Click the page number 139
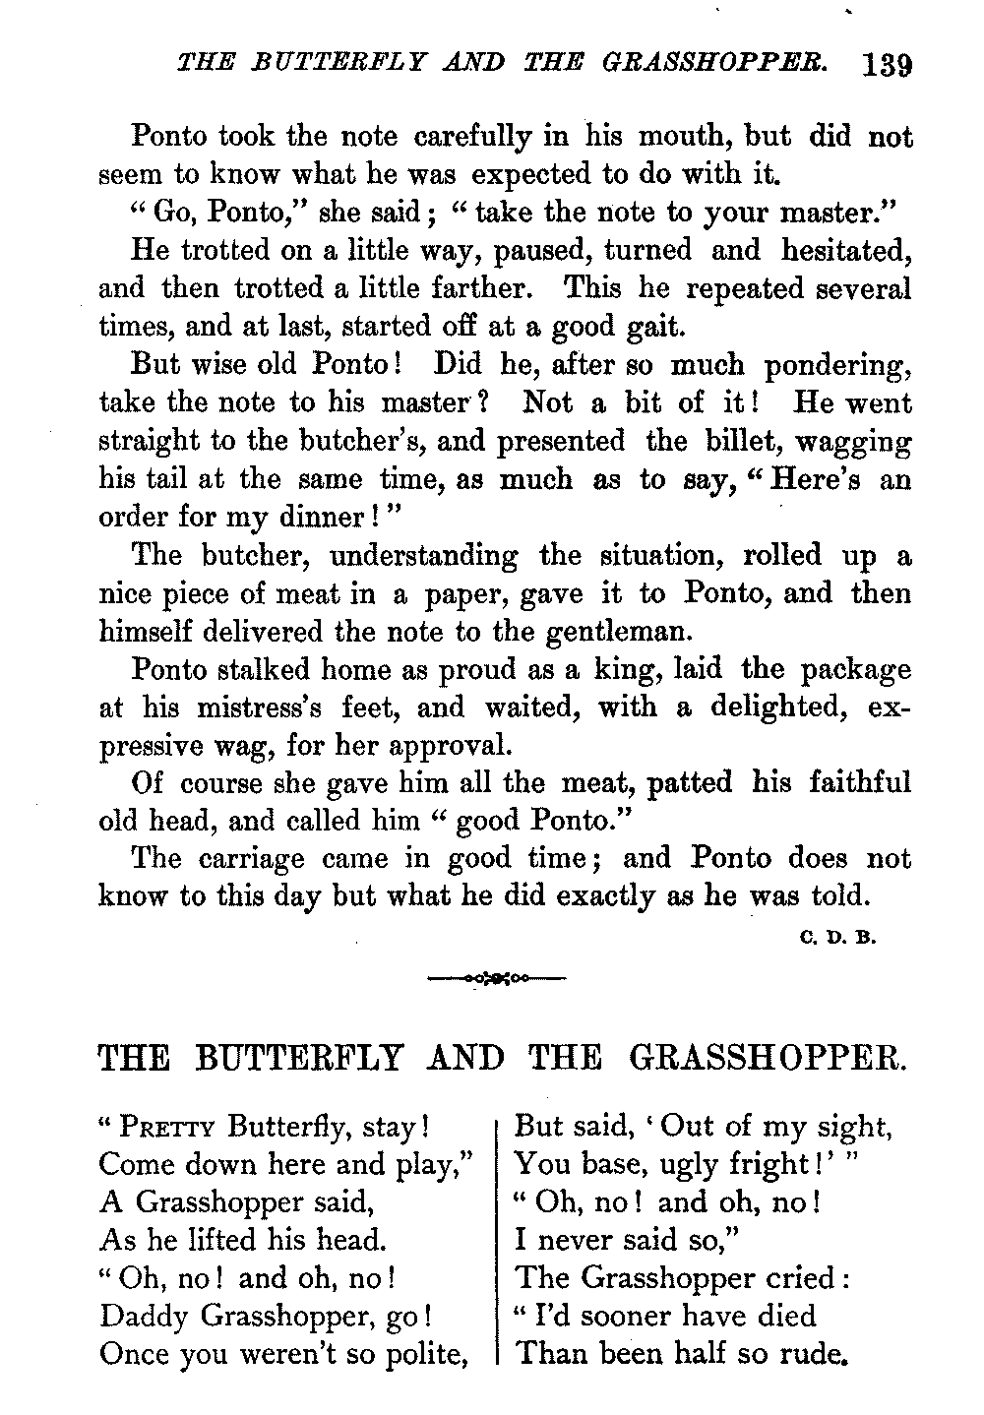887,65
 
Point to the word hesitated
844,250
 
